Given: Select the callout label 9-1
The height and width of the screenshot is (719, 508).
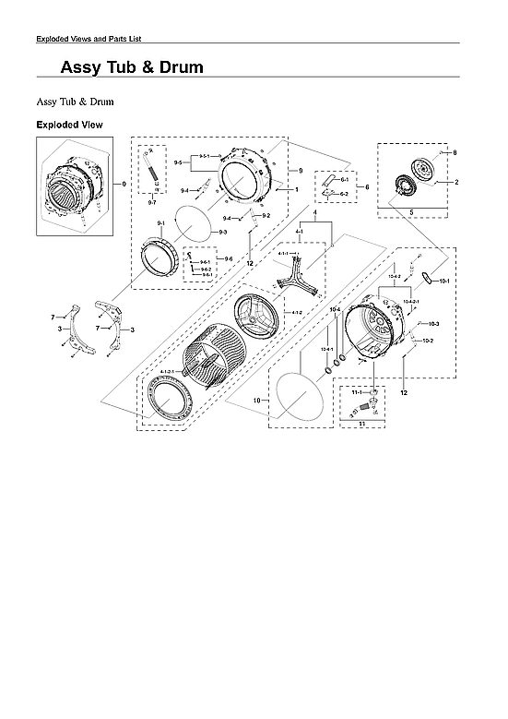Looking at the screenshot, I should pos(160,224).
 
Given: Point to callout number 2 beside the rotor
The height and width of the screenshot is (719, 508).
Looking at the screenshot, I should pos(455,183).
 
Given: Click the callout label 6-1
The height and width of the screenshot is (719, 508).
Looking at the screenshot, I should pos(344,179).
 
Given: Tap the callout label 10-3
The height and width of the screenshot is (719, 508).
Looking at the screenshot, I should pos(433,324).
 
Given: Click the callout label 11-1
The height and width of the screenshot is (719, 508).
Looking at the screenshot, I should pos(352,392).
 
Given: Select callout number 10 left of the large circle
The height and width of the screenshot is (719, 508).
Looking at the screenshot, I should pos(256,401).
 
